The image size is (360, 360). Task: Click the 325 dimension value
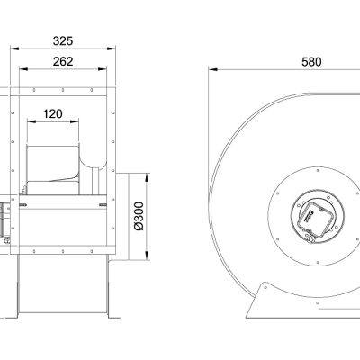pyautogui.click(x=63, y=41)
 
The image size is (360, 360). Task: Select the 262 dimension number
pyautogui.click(x=63, y=61)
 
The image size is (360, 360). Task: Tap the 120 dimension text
pyautogui.click(x=53, y=114)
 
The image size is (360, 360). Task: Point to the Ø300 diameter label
pyautogui.click(x=139, y=216)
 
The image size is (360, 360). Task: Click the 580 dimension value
pyautogui.click(x=311, y=62)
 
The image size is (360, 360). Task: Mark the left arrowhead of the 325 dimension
pyautogui.click(x=14, y=49)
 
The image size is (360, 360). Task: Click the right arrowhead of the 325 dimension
pyautogui.click(x=112, y=49)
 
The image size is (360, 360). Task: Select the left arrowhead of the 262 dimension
pyautogui.click(x=23, y=69)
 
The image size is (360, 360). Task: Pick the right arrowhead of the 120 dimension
pyautogui.click(x=75, y=121)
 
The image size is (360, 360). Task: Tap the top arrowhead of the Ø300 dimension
pyautogui.click(x=147, y=177)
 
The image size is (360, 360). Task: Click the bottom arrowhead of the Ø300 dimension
pyautogui.click(x=147, y=256)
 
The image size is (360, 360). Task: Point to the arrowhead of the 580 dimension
pyautogui.click(x=213, y=69)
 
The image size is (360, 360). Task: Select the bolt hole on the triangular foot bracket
pyautogui.click(x=265, y=287)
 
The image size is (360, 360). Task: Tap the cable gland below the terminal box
pyautogui.click(x=310, y=239)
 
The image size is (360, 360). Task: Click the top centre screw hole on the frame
pyautogui.click(x=63, y=90)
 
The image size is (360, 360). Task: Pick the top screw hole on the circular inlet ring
pyautogui.click(x=318, y=171)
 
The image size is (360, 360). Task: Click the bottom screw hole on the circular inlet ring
pyautogui.click(x=318, y=262)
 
